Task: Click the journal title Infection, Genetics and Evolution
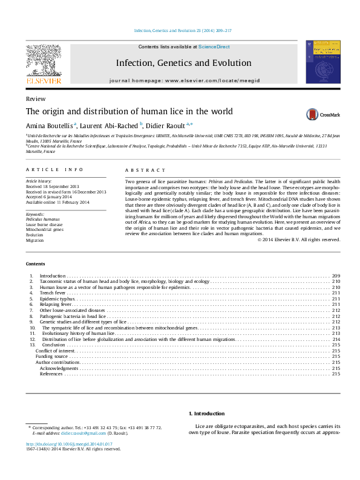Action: click(x=183, y=63)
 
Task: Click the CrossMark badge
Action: click(x=322, y=114)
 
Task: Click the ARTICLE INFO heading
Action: click(x=50, y=171)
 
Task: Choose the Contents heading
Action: click(x=35, y=264)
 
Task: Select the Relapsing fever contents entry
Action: click(x=56, y=304)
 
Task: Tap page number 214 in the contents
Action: click(x=336, y=339)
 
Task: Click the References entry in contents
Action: click(x=51, y=374)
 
